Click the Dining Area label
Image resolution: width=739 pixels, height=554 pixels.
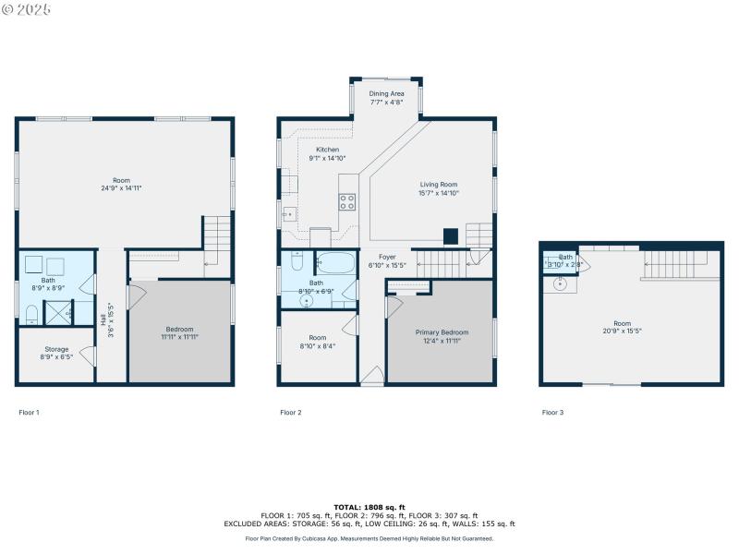tap(386, 93)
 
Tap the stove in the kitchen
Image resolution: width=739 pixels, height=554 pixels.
tap(347, 201)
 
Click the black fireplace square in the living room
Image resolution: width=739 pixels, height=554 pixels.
tap(450, 236)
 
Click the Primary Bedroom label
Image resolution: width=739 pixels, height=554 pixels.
tap(441, 332)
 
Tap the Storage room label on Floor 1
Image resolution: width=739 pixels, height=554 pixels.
tap(55, 349)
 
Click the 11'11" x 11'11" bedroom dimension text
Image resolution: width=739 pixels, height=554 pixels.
tap(180, 337)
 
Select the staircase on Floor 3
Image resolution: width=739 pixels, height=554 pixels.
tap(679, 264)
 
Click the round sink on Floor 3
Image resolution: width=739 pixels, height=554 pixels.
tap(560, 284)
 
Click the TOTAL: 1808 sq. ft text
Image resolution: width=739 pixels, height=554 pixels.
tap(369, 507)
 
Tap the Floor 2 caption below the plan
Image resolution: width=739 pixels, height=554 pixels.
tap(291, 412)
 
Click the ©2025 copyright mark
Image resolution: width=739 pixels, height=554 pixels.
tap(27, 9)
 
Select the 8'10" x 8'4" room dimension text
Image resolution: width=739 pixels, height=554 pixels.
tap(317, 346)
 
